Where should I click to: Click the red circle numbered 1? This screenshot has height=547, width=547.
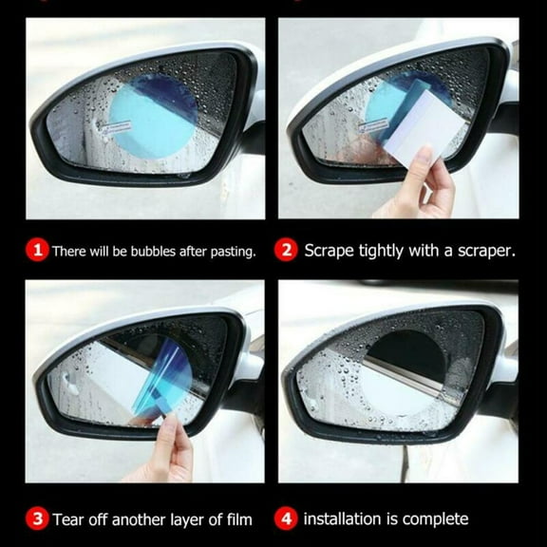click(38, 251)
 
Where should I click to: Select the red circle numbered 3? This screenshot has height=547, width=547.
click(38, 519)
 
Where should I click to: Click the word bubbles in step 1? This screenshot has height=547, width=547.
click(148, 252)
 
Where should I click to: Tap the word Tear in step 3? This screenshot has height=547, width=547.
click(69, 519)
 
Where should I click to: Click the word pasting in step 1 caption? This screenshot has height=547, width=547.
click(232, 252)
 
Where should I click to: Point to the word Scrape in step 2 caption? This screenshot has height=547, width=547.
click(329, 252)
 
